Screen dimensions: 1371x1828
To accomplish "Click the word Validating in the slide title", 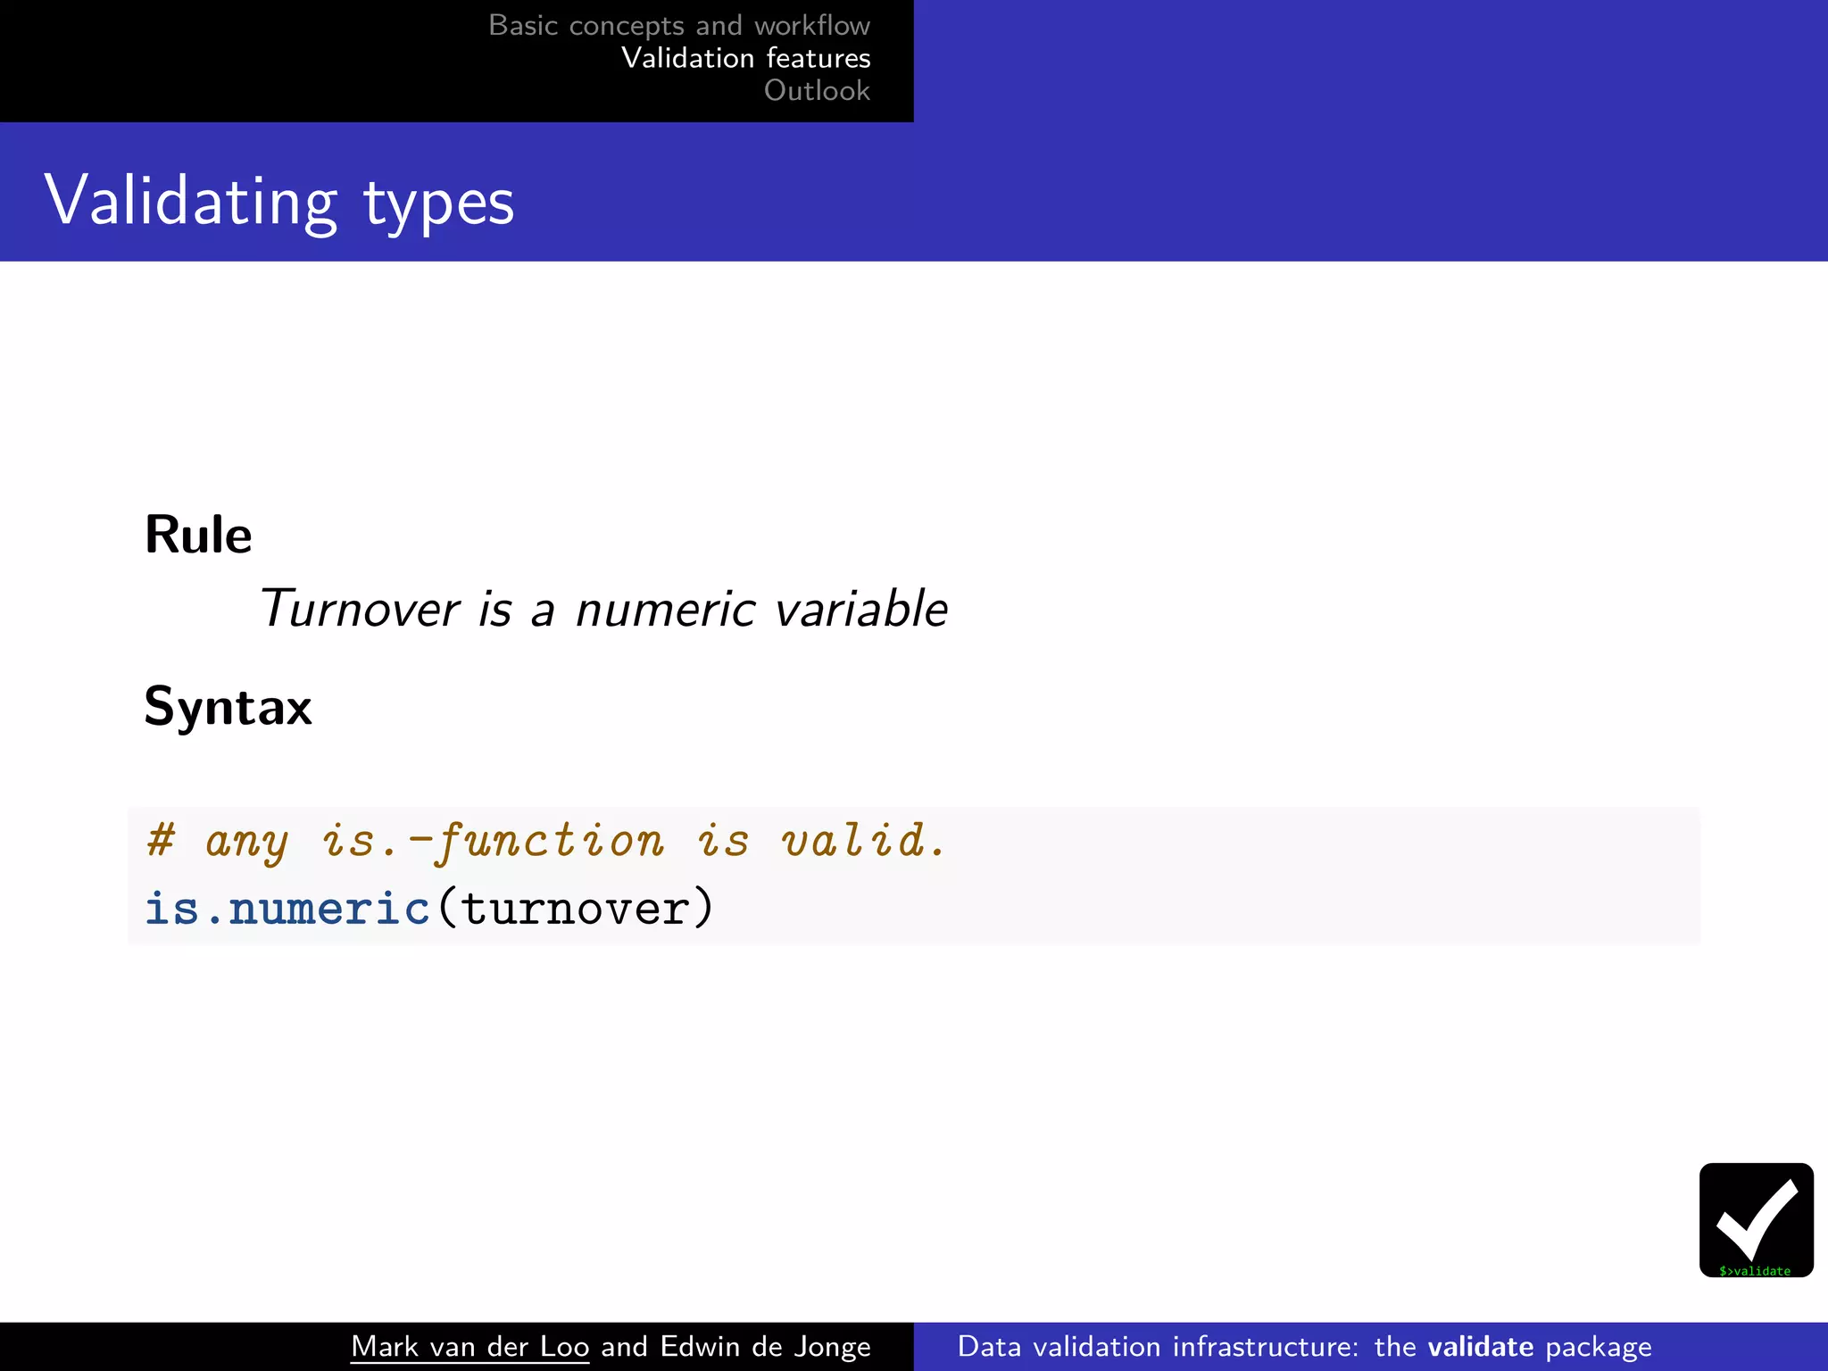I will tap(191, 202).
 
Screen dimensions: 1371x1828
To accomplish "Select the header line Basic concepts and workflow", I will tap(678, 25).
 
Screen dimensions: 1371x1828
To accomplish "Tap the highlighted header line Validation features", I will tap(745, 58).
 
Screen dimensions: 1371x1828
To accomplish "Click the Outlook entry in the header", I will tap(816, 90).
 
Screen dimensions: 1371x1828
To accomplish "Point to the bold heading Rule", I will tap(198, 536).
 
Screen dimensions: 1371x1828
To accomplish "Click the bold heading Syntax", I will tap(228, 707).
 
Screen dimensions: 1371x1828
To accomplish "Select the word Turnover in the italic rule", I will tap(359, 610).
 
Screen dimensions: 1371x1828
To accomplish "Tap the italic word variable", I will tap(860, 610).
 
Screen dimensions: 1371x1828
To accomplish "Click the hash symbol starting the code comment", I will tap(162, 840).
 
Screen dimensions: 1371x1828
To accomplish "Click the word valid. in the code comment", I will tap(862, 840).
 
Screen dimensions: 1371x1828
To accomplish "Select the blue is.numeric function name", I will tap(287, 910).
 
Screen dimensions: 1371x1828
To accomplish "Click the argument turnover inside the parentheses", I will tap(576, 910).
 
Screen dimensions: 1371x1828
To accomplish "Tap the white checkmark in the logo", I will tap(1756, 1217).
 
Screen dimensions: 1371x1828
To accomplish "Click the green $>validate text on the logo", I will tap(1755, 1271).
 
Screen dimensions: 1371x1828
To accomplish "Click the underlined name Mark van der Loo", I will tap(469, 1346).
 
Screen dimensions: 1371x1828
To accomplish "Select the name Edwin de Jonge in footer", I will tap(765, 1346).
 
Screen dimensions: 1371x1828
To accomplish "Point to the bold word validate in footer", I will tap(1480, 1346).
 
